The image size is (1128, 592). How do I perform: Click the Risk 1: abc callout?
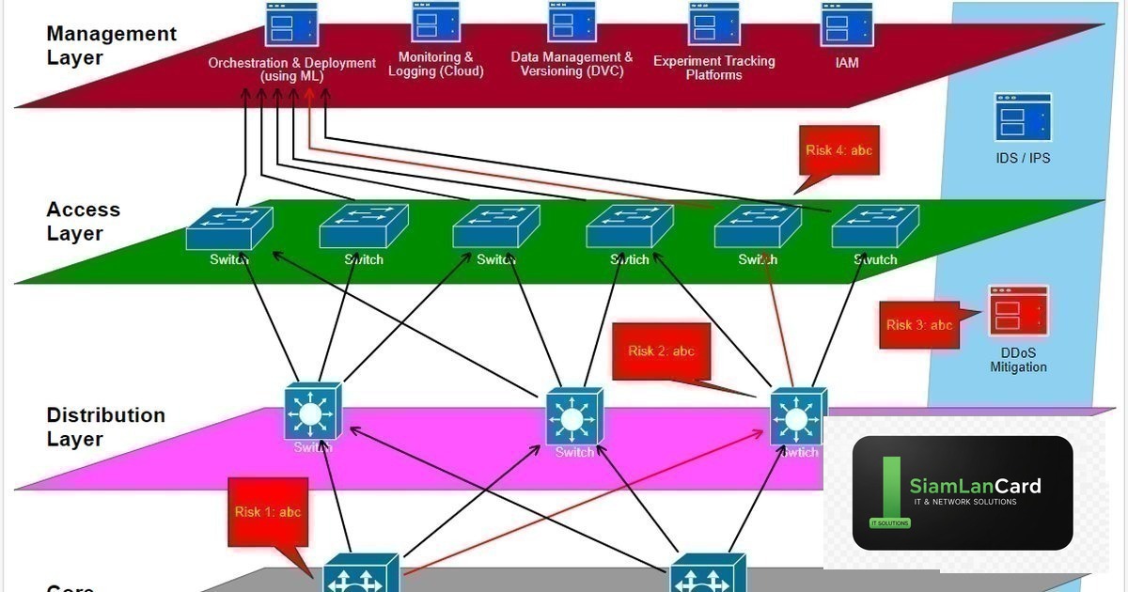click(x=265, y=512)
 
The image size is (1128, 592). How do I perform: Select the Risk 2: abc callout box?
click(x=661, y=351)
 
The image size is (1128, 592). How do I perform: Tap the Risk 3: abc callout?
click(x=918, y=325)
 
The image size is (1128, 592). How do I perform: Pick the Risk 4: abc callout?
click(x=839, y=150)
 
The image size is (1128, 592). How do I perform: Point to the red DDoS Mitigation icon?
click(x=1017, y=310)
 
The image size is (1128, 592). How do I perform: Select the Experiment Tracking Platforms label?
click(x=713, y=68)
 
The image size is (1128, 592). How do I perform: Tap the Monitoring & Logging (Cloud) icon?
click(x=435, y=23)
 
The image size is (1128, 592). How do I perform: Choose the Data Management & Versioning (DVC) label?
click(x=572, y=64)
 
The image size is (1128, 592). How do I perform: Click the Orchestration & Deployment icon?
click(x=291, y=25)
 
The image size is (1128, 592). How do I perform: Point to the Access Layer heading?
click(x=84, y=221)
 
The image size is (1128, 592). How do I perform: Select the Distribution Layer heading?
click(x=105, y=427)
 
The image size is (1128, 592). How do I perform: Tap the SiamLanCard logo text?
click(x=975, y=486)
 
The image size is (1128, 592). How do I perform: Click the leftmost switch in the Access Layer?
click(x=228, y=228)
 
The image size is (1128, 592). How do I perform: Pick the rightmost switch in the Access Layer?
click(x=875, y=228)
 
